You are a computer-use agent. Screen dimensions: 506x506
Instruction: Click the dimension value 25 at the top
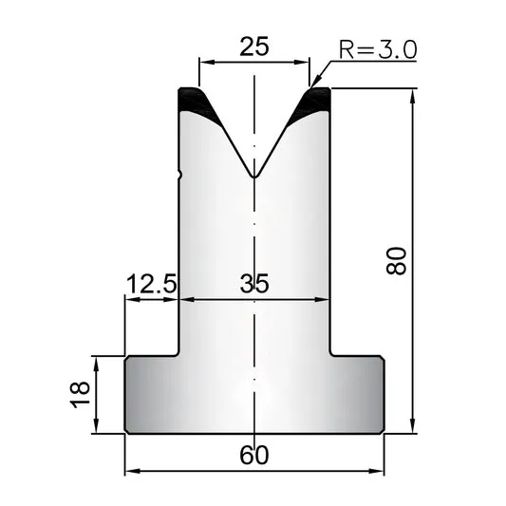[x=254, y=47]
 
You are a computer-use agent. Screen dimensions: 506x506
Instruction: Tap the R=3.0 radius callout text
[x=378, y=50]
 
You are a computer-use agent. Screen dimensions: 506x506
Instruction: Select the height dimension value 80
[x=396, y=261]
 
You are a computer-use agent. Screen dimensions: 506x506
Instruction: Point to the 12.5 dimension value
[x=152, y=284]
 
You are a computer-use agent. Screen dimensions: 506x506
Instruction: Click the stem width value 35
[x=254, y=284]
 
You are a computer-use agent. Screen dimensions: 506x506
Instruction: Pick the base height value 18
[x=80, y=395]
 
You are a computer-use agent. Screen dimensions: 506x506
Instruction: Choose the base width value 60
[x=254, y=455]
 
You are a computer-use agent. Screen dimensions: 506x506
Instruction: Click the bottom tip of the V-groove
[x=254, y=178]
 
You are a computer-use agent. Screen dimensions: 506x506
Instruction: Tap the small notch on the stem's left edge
[x=180, y=175]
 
